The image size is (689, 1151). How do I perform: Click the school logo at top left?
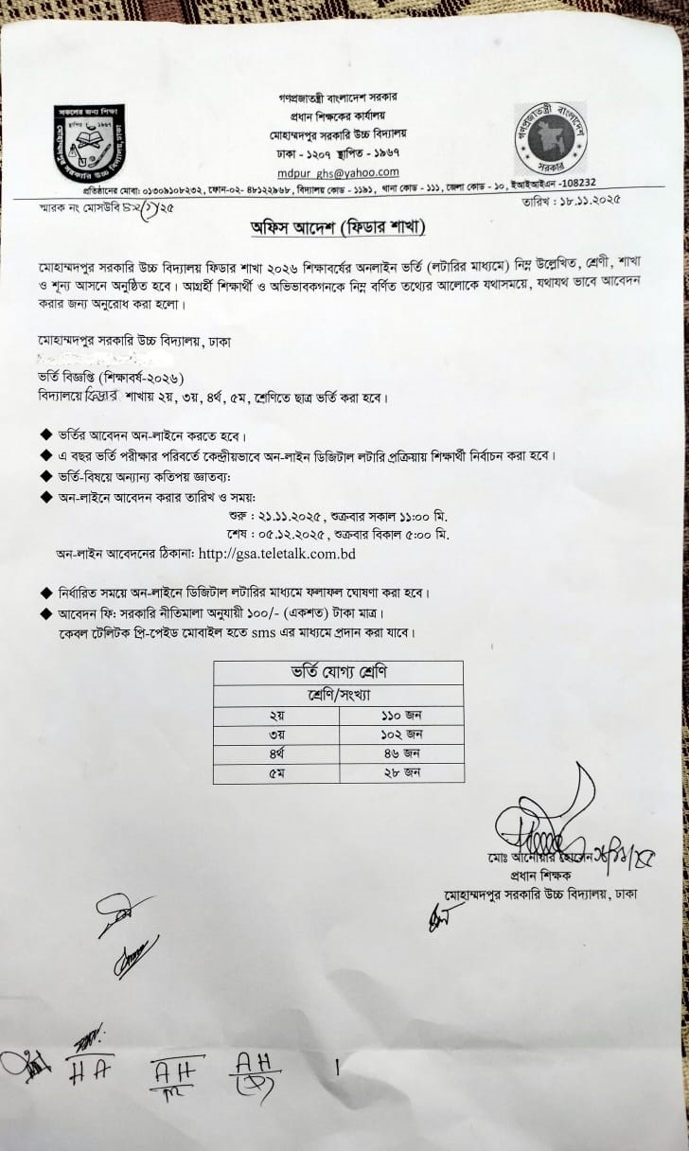click(89, 144)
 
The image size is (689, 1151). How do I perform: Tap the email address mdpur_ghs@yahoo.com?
click(351, 172)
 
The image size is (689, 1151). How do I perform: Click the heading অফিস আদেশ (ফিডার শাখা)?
click(344, 228)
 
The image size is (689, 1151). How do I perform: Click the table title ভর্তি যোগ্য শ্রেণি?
click(338, 673)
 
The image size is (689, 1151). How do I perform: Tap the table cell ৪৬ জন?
click(401, 753)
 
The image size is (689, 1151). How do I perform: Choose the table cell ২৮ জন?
click(401, 773)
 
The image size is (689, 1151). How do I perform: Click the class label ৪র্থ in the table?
click(275, 753)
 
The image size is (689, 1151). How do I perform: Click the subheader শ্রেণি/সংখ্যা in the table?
click(338, 695)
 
